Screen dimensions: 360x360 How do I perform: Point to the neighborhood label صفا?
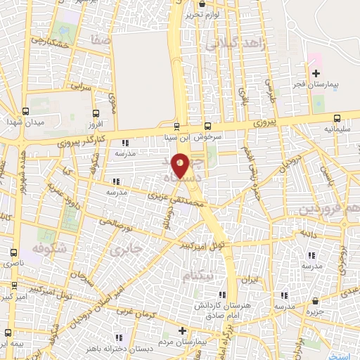[x=101, y=41]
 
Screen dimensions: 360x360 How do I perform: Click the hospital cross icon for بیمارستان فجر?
[x=316, y=73]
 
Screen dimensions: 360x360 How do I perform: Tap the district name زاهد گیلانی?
[x=233, y=43]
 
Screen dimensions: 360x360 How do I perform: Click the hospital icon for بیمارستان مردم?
[x=183, y=330]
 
